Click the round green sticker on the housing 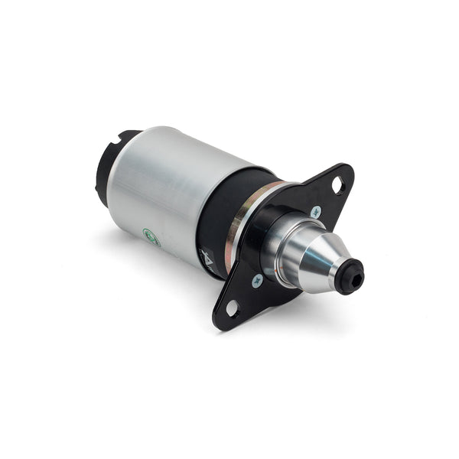coord(151,238)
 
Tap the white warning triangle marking coord(204,256)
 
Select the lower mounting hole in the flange coord(232,308)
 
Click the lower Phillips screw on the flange coord(258,280)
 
